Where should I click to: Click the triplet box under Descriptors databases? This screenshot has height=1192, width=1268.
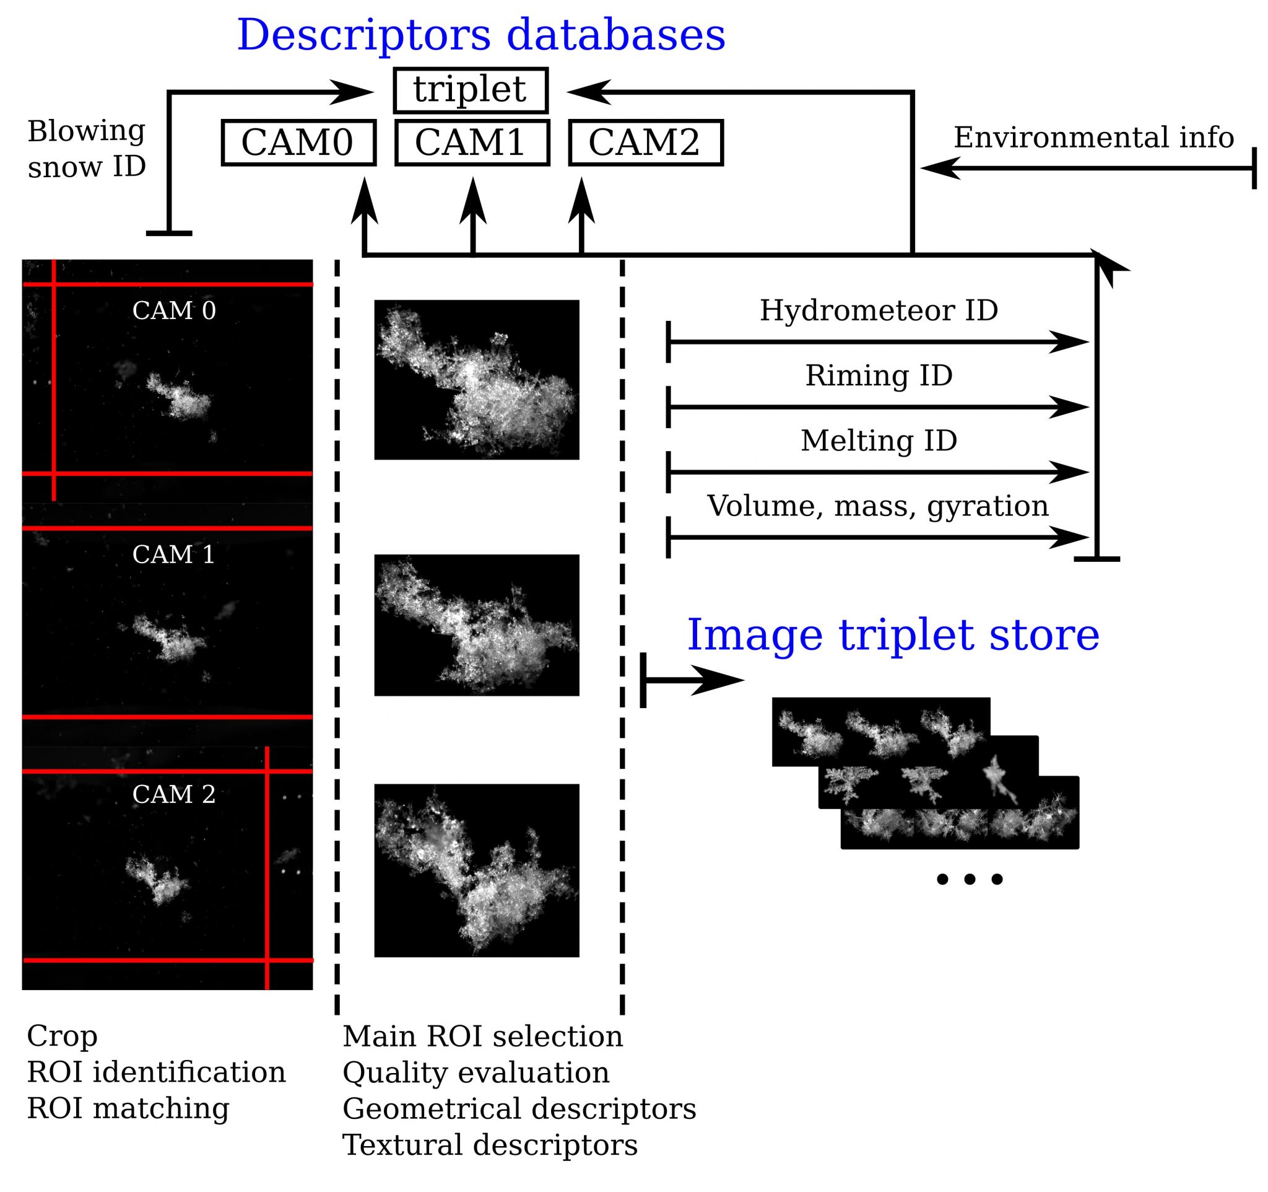[470, 90]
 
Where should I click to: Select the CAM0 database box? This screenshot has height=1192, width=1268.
[298, 143]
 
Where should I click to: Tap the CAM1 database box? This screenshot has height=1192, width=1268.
[471, 143]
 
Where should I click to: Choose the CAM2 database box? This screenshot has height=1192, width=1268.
[645, 143]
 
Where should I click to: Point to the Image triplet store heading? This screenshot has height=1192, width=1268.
[893, 635]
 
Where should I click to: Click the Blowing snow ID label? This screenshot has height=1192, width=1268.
[87, 149]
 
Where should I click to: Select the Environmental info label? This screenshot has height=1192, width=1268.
[1093, 137]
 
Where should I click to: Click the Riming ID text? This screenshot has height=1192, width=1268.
[879, 375]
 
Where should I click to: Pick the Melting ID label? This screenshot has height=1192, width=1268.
[879, 440]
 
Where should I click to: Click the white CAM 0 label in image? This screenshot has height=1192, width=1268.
[173, 311]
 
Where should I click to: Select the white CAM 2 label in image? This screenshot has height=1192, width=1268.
[173, 794]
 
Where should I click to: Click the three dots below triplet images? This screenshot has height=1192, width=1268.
[970, 879]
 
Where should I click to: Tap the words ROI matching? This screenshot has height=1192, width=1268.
[128, 1108]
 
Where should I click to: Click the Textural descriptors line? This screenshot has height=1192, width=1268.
[490, 1145]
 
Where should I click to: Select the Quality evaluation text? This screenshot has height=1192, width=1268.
[476, 1072]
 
